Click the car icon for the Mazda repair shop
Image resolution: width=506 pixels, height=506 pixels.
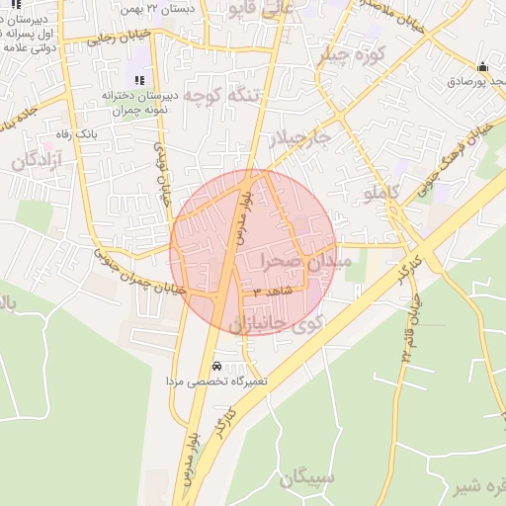(x=216, y=366)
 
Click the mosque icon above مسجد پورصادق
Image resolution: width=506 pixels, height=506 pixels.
(x=482, y=67)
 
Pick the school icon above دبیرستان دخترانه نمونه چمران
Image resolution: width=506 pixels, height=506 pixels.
(x=137, y=79)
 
